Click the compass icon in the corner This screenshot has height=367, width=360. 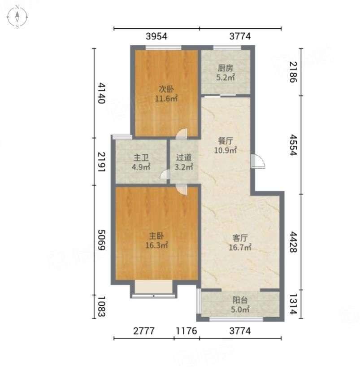pos(17,17)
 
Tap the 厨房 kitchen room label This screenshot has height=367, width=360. pos(226,68)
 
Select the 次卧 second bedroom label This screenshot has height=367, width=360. pos(166,89)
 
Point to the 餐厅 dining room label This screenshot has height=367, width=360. pos(226,141)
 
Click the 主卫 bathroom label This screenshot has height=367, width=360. pos(141,158)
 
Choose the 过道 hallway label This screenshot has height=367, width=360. pos(184,158)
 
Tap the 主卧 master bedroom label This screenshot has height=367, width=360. pos(156,236)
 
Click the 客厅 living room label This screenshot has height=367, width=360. pos(240,238)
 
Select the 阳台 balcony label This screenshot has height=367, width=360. pos(240,300)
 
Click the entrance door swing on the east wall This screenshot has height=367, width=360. pos(258,161)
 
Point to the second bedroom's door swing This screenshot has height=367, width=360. pos(182,134)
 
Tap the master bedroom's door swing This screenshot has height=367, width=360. pos(182,189)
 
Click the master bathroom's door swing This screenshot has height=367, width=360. pos(165,175)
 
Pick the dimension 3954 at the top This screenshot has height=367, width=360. pos(156,36)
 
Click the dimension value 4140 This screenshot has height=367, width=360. pos(101,93)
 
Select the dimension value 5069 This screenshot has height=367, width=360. pos(101,240)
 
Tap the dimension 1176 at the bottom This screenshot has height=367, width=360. pos(187,331)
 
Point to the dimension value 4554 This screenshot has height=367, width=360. pos(293,144)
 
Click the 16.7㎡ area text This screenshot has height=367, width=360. pos(240,247)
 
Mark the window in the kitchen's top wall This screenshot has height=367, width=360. pos(227,48)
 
